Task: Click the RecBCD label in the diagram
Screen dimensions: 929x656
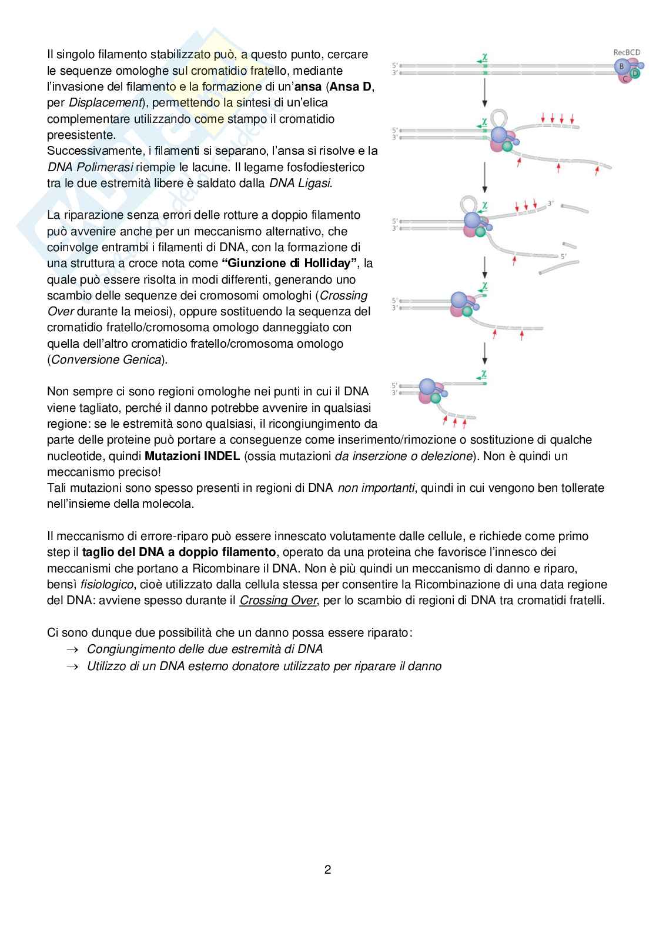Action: tap(627, 52)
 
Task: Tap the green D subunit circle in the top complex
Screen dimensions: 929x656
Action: tap(635, 74)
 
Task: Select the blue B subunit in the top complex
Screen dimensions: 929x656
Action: tap(621, 66)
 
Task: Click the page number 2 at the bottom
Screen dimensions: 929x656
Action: tap(328, 870)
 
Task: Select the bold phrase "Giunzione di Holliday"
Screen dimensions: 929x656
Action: tap(293, 263)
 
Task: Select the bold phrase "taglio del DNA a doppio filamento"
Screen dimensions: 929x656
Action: tap(179, 552)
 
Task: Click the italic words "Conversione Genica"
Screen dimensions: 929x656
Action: tap(106, 359)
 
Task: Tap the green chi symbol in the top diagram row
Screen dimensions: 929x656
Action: tap(484, 57)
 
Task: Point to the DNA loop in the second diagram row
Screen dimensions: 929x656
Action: tap(498, 117)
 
